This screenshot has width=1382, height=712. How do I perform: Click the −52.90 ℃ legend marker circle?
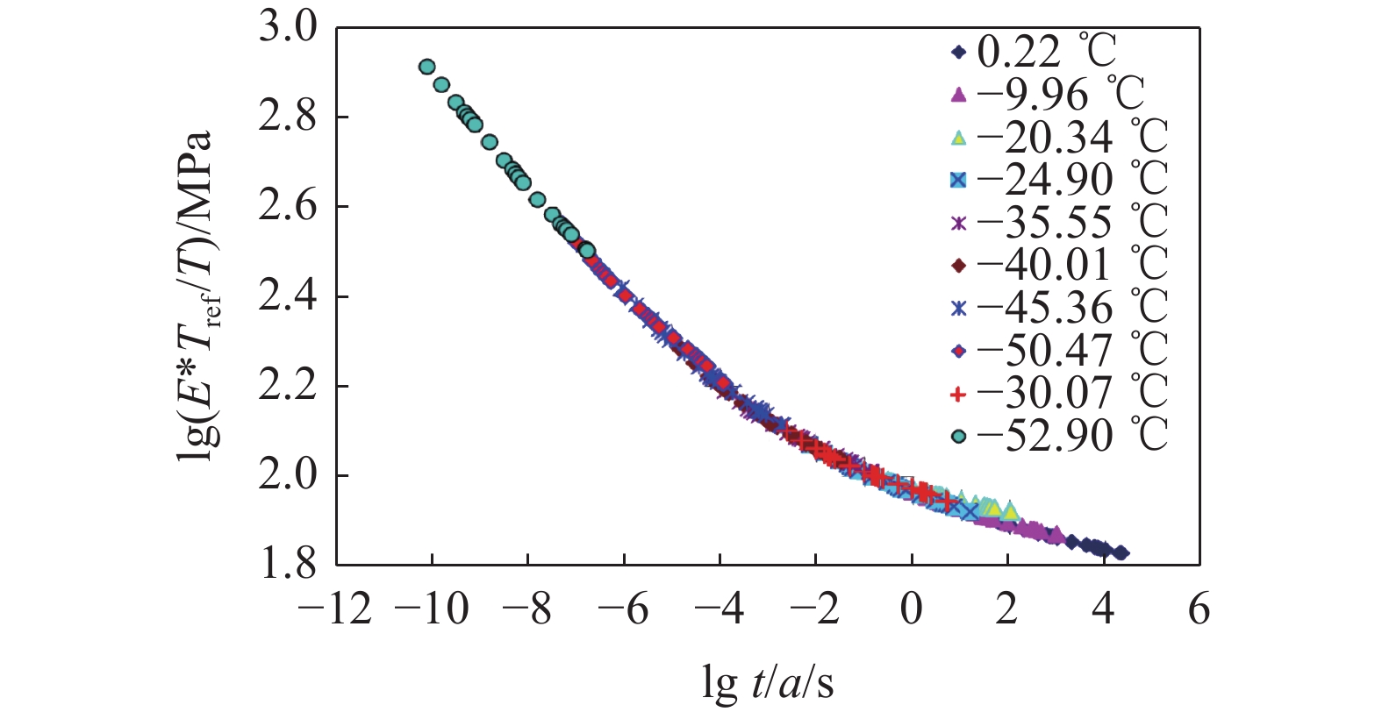point(959,436)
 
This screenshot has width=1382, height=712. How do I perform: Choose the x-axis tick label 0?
point(912,608)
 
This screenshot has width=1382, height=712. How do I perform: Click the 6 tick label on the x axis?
point(1199,608)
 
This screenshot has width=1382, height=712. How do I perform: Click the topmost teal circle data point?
point(427,67)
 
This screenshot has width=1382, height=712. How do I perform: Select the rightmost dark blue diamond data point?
point(1121,553)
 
